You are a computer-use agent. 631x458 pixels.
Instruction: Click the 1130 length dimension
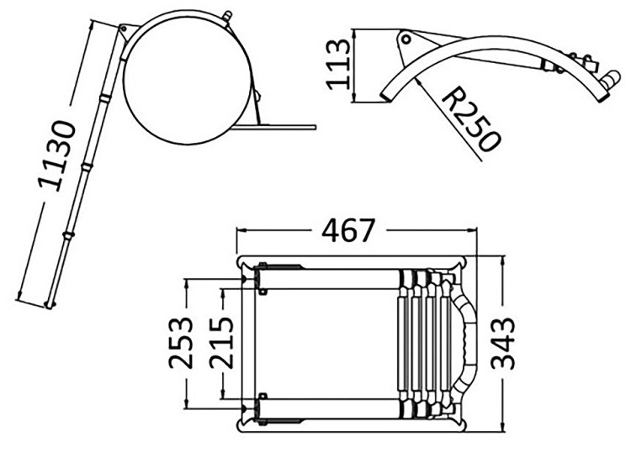point(56,155)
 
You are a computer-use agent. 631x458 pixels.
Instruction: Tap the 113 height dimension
point(337,65)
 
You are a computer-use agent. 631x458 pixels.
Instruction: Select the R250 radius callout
point(471,121)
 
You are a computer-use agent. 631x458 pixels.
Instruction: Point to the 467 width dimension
point(348,230)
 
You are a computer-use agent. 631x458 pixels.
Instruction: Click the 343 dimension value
point(502,343)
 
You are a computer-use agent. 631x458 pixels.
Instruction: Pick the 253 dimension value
point(180,343)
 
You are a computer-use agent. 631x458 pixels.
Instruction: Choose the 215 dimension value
point(221,343)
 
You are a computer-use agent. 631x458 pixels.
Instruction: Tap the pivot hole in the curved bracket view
point(406,39)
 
